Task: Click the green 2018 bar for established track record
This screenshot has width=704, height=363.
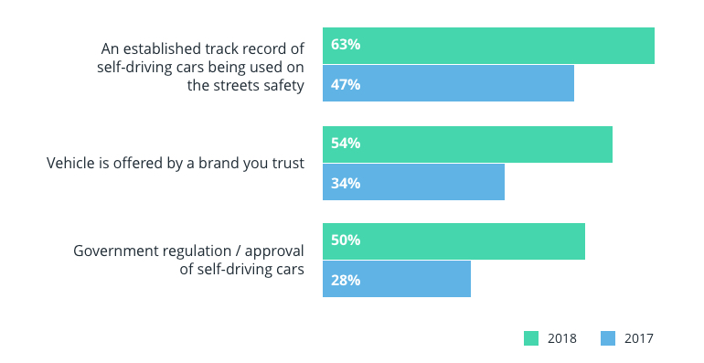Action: pyautogui.click(x=488, y=46)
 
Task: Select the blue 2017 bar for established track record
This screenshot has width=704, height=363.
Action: pyautogui.click(x=448, y=83)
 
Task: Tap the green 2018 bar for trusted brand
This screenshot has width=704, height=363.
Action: pyautogui.click(x=467, y=144)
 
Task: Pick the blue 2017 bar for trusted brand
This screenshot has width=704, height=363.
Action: pyautogui.click(x=413, y=182)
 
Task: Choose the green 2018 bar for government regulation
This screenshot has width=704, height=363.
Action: pyautogui.click(x=453, y=241)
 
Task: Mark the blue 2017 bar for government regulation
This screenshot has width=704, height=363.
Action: pyautogui.click(x=397, y=279)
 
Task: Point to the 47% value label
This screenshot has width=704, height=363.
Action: pyautogui.click(x=346, y=84)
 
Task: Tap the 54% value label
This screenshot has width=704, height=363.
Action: pyautogui.click(x=346, y=144)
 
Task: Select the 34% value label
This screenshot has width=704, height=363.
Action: pyautogui.click(x=346, y=183)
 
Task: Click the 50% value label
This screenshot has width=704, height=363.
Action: pyautogui.click(x=346, y=240)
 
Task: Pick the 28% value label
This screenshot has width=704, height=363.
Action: pyautogui.click(x=346, y=280)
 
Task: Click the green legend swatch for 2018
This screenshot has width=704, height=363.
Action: pyautogui.click(x=531, y=338)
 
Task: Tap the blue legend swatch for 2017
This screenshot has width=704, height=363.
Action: pyautogui.click(x=608, y=338)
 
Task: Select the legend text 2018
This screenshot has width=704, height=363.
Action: pyautogui.click(x=561, y=338)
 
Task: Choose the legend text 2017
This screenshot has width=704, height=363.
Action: pyautogui.click(x=639, y=338)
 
